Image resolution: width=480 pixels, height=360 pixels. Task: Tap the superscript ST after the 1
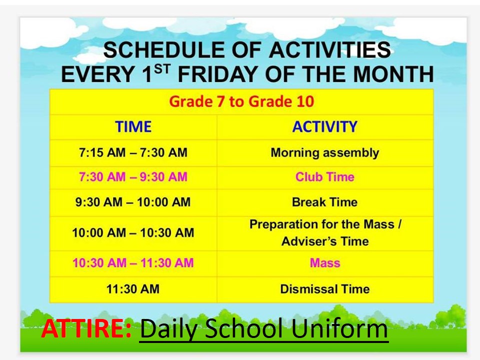162,69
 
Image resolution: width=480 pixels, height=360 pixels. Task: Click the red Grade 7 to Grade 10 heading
241,101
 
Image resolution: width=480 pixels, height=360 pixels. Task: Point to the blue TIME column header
133,126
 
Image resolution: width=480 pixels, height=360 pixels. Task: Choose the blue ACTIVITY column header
325,126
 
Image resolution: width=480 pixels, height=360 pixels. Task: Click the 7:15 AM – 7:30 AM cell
133,152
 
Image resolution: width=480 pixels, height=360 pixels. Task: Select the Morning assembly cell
325,153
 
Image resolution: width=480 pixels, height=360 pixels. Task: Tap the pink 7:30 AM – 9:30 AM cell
133,177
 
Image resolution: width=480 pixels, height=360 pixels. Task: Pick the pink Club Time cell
325,177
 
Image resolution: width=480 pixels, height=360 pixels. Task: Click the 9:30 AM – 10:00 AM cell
133,202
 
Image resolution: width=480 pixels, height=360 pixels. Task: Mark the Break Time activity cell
325,202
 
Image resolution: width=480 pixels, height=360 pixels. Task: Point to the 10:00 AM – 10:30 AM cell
133,232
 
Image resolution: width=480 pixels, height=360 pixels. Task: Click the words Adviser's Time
325,241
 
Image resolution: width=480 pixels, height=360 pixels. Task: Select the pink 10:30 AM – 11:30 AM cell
133,263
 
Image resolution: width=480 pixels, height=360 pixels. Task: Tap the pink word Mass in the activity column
325,263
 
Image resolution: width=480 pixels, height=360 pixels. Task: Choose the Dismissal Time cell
325,289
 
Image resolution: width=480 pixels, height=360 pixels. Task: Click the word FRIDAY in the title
217,74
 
